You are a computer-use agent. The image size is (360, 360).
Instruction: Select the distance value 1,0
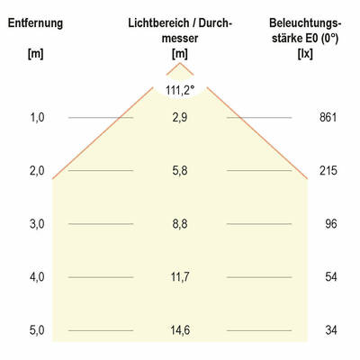coord(37,118)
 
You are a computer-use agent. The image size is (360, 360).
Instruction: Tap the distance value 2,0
coord(37,171)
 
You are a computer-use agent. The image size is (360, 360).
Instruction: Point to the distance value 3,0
coord(37,224)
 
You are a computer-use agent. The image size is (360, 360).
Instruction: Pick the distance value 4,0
coord(37,277)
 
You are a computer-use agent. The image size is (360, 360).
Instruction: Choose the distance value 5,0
coord(37,330)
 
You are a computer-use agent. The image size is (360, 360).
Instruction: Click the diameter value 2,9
coord(180,118)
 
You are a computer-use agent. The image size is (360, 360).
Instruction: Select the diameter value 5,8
coord(180,171)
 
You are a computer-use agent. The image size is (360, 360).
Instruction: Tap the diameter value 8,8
coord(180,224)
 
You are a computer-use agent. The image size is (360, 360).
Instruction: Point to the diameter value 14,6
coord(180,330)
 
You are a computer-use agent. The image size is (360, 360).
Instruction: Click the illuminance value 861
coord(328,118)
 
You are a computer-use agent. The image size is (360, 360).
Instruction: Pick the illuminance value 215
coord(328,171)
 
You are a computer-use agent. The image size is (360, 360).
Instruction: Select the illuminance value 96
coord(330,224)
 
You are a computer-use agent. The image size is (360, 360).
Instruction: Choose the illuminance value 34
coord(330,330)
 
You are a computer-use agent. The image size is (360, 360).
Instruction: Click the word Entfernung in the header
coord(36,22)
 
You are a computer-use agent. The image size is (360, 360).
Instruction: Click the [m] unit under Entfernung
coord(36,55)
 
